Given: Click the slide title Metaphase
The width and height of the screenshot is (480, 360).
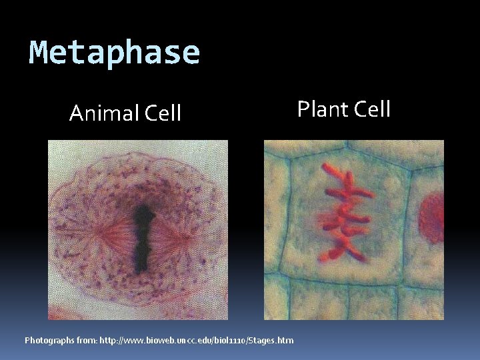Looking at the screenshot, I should (x=115, y=53).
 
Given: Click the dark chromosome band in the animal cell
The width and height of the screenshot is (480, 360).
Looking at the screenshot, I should (x=141, y=237).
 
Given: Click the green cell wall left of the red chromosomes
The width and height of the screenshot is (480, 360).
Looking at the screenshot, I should (x=287, y=213).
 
